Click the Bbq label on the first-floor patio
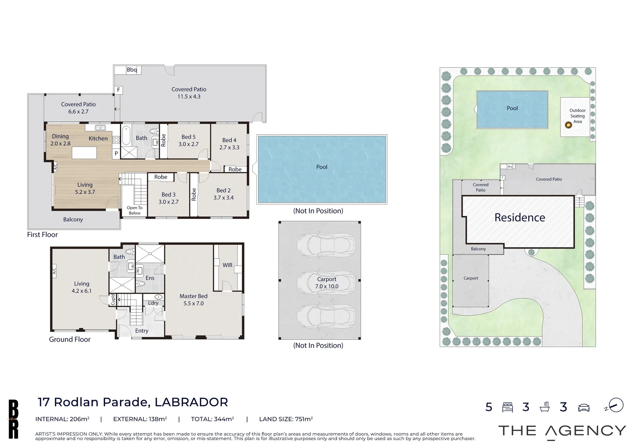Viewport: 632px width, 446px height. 132,70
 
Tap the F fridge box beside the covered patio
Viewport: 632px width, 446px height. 118,90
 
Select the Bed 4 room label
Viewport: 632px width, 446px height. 229,144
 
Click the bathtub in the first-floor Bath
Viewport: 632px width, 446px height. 127,135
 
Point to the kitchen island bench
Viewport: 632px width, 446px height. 84,153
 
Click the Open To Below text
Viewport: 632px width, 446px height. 134,211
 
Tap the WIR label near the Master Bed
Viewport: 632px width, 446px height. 227,265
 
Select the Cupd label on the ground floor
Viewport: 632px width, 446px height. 113,300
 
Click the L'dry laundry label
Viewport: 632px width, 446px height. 153,303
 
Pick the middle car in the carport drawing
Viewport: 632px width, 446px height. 326,282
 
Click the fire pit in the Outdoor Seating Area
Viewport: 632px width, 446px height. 568,125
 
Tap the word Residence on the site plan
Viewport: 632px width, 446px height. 519,218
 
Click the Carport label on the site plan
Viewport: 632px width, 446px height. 471,278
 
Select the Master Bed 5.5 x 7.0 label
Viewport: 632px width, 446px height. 194,300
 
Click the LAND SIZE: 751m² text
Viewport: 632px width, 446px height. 286,419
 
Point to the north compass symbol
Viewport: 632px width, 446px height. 615,405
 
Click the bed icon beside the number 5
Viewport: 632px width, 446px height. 507,407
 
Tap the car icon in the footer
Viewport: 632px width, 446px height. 584,407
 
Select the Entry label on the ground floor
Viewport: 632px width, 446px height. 141,331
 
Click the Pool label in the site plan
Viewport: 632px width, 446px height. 512,108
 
